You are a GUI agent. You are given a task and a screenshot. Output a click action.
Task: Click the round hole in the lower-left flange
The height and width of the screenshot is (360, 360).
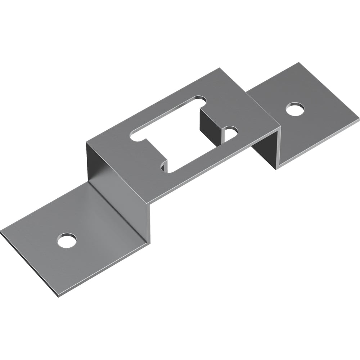[x=67, y=240]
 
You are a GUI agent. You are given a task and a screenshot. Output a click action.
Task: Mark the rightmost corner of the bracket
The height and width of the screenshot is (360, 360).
[x=359, y=118]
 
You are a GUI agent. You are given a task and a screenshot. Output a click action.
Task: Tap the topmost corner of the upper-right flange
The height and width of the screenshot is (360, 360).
[x=298, y=63]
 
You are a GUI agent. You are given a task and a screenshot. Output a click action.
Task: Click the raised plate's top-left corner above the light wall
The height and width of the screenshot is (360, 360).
[x=87, y=143]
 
